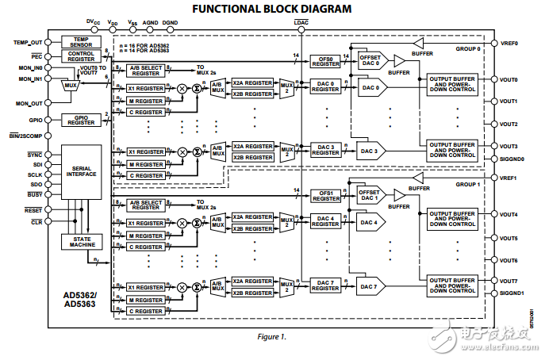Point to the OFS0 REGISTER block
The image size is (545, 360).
pyautogui.click(x=324, y=60)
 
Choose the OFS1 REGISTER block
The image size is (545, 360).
pyautogui.click(x=324, y=195)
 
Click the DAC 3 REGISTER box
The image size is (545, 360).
pyautogui.click(x=324, y=149)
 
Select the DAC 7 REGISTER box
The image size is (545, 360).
pyautogui.click(x=324, y=285)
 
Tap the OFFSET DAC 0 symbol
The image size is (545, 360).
pyautogui.click(x=370, y=60)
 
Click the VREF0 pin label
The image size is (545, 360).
pyautogui.click(x=510, y=42)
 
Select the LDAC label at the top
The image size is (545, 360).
pyautogui.click(x=301, y=24)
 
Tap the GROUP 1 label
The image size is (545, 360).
pyautogui.click(x=466, y=184)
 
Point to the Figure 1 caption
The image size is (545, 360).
pyautogui.click(x=272, y=336)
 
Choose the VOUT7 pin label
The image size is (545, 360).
pyautogui.click(x=509, y=281)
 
